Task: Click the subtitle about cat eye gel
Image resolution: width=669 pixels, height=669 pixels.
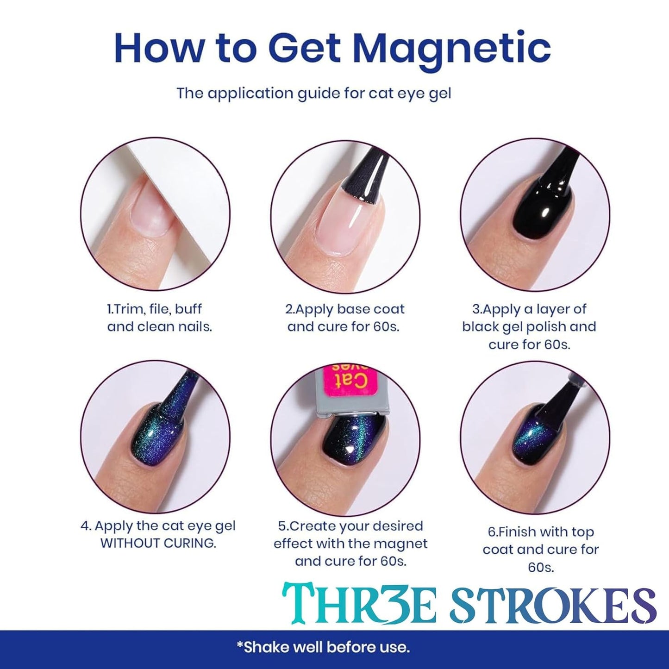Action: [x=313, y=93]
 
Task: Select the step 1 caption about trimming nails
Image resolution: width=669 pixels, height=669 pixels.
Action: [x=159, y=318]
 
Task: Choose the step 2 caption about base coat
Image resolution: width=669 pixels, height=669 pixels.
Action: [x=345, y=318]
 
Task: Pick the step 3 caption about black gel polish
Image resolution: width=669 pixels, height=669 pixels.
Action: [x=529, y=326]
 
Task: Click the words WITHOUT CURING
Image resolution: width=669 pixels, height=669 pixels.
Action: [x=158, y=543]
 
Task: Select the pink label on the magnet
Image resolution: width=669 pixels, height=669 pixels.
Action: [x=347, y=380]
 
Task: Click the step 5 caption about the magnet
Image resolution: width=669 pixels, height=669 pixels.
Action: [x=350, y=544]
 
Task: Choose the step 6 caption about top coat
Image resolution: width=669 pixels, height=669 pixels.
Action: [x=540, y=550]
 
